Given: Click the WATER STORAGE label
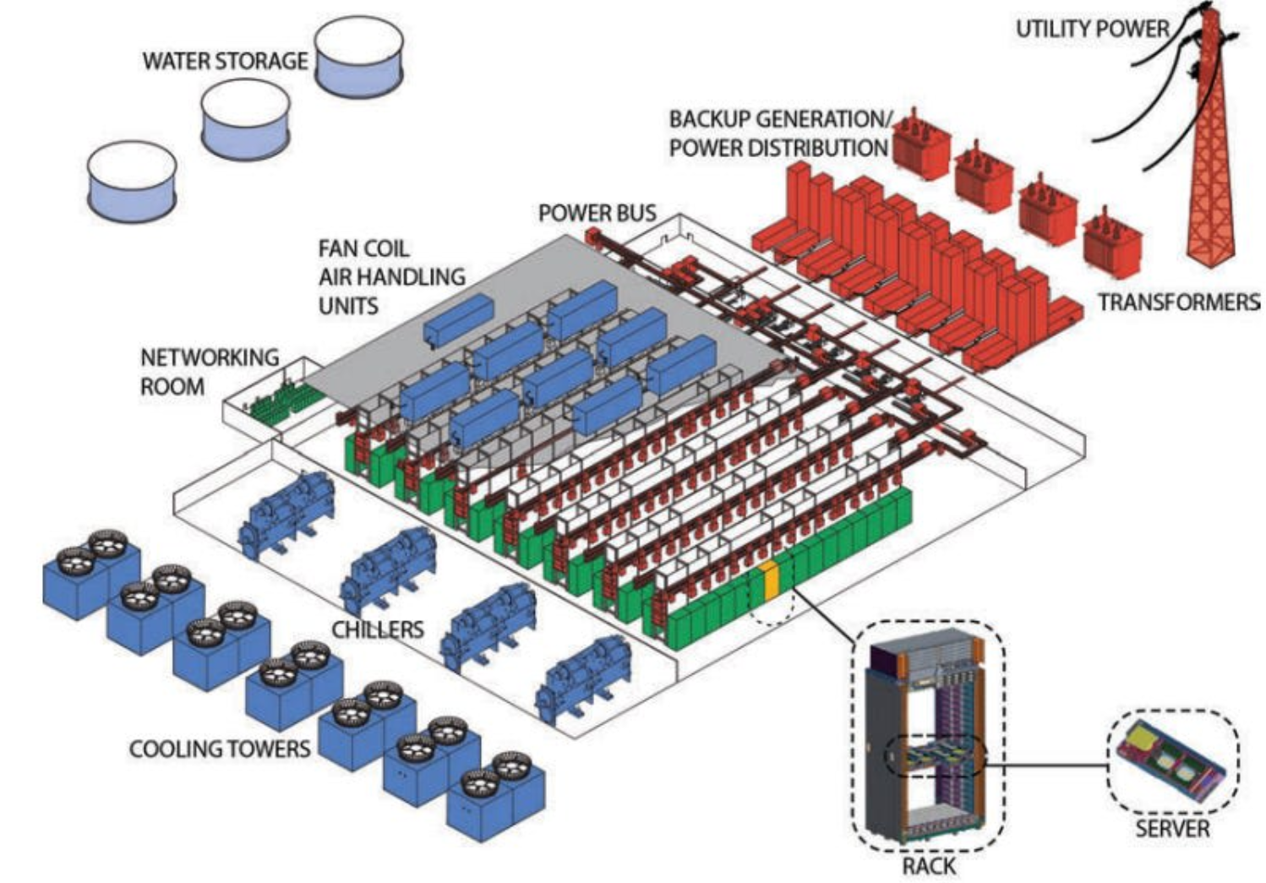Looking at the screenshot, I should click(x=224, y=61).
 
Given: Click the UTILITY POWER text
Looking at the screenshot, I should click(x=1091, y=29).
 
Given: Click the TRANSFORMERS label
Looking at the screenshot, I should click(x=1178, y=302).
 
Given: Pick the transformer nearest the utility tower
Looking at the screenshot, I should click(x=1113, y=238).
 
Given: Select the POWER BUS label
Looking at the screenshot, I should click(x=597, y=213).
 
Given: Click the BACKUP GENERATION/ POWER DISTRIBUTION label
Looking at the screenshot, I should click(x=777, y=133).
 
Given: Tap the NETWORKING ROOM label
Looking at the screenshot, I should click(x=209, y=372).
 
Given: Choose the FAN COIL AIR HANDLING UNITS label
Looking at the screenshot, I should click(x=390, y=276).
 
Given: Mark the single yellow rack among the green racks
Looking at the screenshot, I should click(x=769, y=580).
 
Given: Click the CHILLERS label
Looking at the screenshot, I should click(x=377, y=630).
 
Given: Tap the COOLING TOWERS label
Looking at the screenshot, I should click(x=219, y=749).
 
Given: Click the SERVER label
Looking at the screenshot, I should click(x=1171, y=827).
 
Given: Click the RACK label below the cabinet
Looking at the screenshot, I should click(x=929, y=866).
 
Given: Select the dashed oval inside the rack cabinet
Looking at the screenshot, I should click(x=935, y=756).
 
